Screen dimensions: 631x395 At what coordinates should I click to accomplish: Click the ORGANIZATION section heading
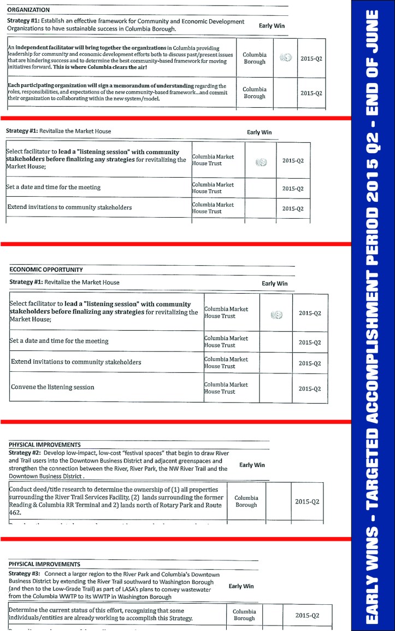pyautogui.click(x=28, y=10)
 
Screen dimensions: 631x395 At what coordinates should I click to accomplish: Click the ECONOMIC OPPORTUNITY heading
pyautogui.click(x=46, y=270)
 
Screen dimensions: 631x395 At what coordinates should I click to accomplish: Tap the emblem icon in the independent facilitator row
pyautogui.click(x=285, y=57)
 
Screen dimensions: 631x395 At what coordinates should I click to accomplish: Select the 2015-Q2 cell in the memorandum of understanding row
pyautogui.click(x=311, y=92)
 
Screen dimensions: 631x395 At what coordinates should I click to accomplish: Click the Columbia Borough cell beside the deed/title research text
pyautogui.click(x=246, y=501)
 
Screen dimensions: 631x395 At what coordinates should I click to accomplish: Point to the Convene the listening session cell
pyautogui.click(x=52, y=387)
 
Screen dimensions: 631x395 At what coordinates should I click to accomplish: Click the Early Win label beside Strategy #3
pyautogui.click(x=241, y=586)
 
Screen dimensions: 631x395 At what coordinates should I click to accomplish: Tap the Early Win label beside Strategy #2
pyautogui.click(x=252, y=465)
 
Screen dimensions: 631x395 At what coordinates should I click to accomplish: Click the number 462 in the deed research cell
pyautogui.click(x=15, y=512)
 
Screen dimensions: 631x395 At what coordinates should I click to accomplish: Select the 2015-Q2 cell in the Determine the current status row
pyautogui.click(x=307, y=615)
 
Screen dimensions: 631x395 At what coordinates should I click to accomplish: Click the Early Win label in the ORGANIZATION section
pyautogui.click(x=272, y=26)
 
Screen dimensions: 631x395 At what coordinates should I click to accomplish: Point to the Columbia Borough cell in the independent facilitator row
pyautogui.click(x=254, y=58)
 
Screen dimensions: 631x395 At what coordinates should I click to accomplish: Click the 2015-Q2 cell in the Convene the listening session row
pyautogui.click(x=310, y=388)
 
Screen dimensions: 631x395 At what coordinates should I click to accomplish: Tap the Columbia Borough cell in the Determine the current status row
pyautogui.click(x=244, y=615)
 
